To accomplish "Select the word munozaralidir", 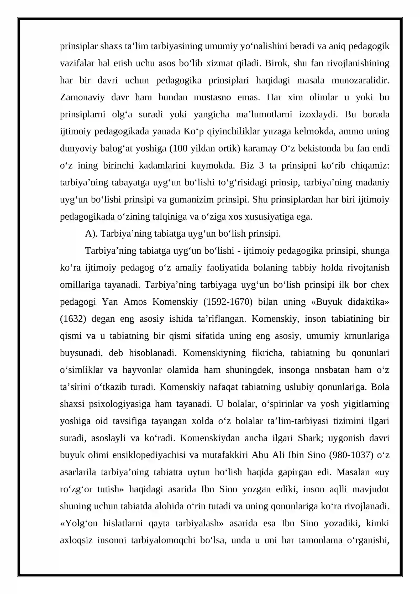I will [360, 80].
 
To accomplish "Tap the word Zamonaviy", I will [82, 97].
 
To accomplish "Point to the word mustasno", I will [212, 97].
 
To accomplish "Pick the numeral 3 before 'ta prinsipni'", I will [261, 166].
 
